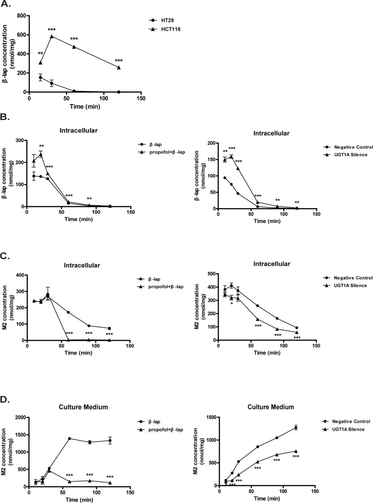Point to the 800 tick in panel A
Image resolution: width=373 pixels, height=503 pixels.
[x=21, y=15]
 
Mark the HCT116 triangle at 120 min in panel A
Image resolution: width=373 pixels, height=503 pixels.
[x=118, y=68]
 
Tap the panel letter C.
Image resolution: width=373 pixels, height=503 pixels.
[x=6, y=257]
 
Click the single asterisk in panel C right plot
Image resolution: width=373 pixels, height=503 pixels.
[x=232, y=304]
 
